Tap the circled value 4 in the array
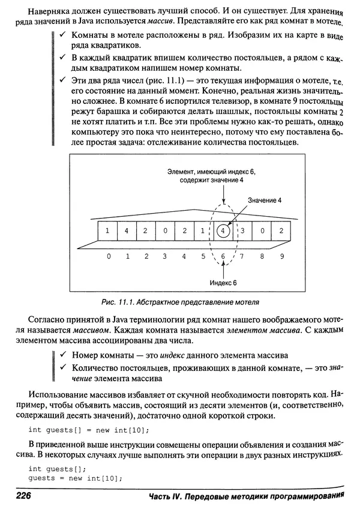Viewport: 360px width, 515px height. pos(223,230)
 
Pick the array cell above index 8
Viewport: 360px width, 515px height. pos(262,230)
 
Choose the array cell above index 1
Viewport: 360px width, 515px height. pos(127,230)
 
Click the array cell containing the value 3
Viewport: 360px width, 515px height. pos(242,230)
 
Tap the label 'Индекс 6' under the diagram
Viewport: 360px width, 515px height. pos(223,282)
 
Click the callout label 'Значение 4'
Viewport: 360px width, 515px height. pos(265,200)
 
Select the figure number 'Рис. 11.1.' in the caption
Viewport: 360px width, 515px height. pos(117,302)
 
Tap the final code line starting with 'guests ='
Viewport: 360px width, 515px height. pos(75,478)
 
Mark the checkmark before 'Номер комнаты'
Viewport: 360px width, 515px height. pos(62,355)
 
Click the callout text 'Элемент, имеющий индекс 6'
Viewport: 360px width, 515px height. pos(211,172)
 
